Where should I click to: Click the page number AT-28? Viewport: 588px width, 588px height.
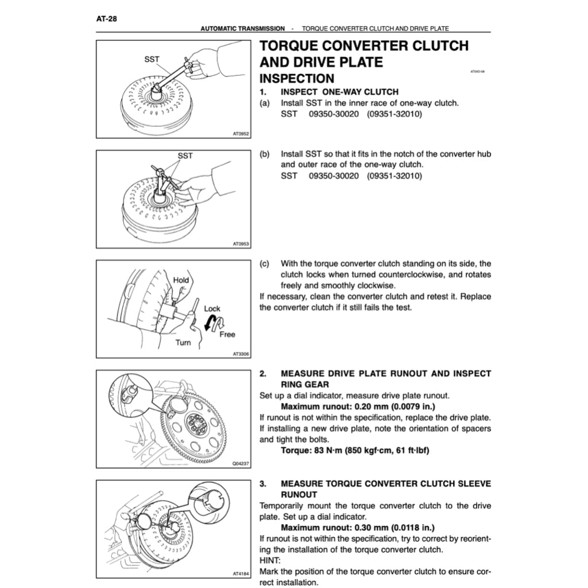click(106, 18)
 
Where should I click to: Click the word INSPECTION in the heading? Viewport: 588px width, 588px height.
click(297, 79)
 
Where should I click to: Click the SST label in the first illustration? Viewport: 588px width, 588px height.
click(152, 59)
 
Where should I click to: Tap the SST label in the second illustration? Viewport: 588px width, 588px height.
click(185, 156)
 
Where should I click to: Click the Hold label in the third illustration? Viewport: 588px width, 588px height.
click(181, 280)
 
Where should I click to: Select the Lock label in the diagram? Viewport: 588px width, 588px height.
click(212, 308)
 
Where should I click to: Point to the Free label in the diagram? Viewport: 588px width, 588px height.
click(227, 334)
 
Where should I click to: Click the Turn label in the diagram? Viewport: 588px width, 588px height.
click(183, 343)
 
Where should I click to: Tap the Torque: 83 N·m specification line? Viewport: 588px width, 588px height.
click(354, 450)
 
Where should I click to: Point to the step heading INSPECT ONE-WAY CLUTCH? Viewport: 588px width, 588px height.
click(339, 92)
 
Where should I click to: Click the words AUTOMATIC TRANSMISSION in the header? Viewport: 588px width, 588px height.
click(242, 28)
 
